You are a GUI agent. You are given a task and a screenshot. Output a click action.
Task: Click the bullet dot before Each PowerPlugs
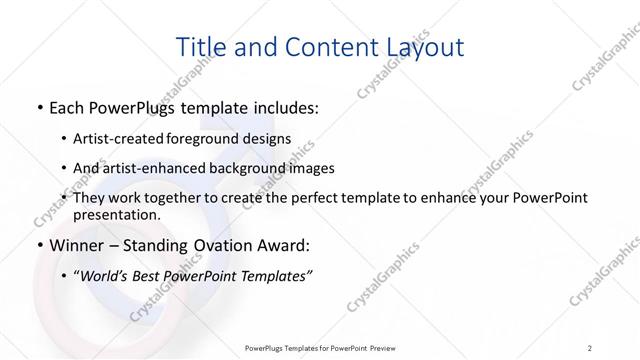38,108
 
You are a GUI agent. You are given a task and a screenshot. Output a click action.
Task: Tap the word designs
268,138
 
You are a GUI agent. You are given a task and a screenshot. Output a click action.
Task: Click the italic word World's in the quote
106,276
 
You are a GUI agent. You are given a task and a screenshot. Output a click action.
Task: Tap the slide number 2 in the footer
590,347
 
